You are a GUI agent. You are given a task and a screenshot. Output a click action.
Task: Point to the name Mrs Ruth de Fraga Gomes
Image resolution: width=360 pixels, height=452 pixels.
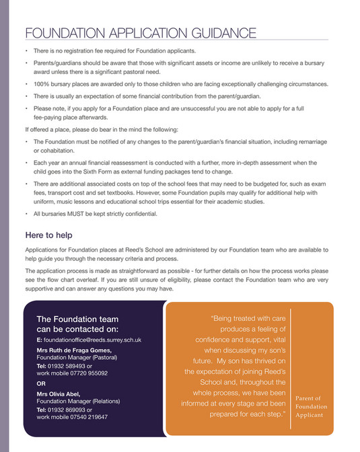pos(75,351)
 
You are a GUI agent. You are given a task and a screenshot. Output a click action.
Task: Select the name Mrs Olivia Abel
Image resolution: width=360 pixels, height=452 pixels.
pos(61,393)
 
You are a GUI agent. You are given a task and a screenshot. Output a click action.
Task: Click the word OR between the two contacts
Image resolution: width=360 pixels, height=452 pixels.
pos(42,383)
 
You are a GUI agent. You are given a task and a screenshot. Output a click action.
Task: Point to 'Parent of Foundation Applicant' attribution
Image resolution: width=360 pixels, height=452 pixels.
pos(311,407)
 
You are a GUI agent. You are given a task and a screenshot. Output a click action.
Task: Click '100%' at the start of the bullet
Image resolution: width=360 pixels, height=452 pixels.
pos(42,84)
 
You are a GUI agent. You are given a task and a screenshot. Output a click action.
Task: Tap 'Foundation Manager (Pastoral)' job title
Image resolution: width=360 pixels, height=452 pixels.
pos(77,359)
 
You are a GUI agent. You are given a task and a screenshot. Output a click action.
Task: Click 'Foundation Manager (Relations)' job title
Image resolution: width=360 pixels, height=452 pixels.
pos(79,401)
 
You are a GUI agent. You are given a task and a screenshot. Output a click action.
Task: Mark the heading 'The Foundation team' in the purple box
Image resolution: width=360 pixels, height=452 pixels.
pos(77,319)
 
